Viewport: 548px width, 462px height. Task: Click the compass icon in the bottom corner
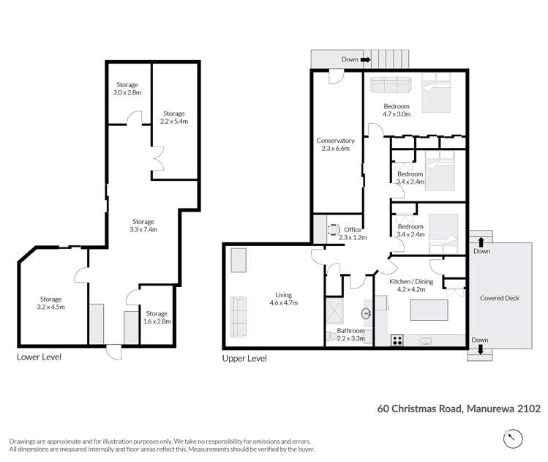(513, 439)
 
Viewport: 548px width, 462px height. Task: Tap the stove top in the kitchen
(397, 340)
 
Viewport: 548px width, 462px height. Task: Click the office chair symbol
(334, 230)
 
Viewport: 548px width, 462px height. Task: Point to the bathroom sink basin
(366, 313)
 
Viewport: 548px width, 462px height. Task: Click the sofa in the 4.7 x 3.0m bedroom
(391, 85)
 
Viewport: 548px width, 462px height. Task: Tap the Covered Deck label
(500, 298)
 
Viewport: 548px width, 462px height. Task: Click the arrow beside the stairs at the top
(366, 60)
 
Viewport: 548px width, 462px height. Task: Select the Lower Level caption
(40, 357)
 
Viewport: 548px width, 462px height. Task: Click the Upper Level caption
(244, 359)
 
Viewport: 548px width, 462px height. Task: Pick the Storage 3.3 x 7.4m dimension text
(143, 229)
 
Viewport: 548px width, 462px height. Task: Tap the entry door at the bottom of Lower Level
(114, 352)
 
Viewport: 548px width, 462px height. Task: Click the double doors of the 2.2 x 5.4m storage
(158, 158)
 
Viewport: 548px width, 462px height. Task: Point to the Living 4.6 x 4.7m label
(283, 299)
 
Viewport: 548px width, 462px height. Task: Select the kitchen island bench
(429, 310)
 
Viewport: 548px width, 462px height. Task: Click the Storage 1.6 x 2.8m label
(157, 318)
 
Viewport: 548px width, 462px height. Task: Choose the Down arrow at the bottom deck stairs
(481, 349)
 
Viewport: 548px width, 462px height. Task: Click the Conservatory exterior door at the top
(337, 76)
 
